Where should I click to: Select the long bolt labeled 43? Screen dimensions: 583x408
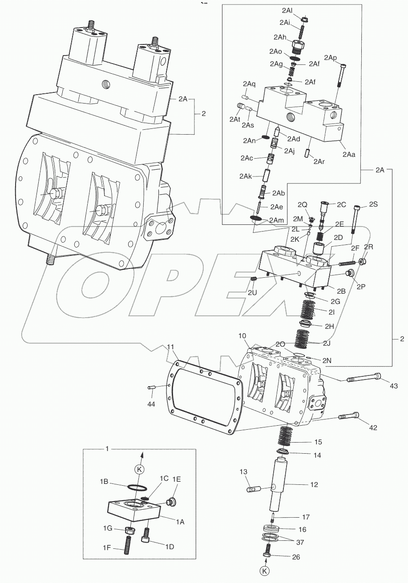click(x=363, y=378)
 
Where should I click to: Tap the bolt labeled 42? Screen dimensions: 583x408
click(x=350, y=417)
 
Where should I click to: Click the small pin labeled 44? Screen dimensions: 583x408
click(x=152, y=388)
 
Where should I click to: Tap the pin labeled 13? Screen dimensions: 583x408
click(x=253, y=489)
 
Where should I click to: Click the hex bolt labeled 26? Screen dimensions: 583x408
click(x=267, y=555)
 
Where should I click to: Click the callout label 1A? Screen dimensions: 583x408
click(x=180, y=523)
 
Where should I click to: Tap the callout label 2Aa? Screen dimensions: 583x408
click(x=349, y=154)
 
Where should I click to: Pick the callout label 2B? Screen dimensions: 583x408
click(x=341, y=291)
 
